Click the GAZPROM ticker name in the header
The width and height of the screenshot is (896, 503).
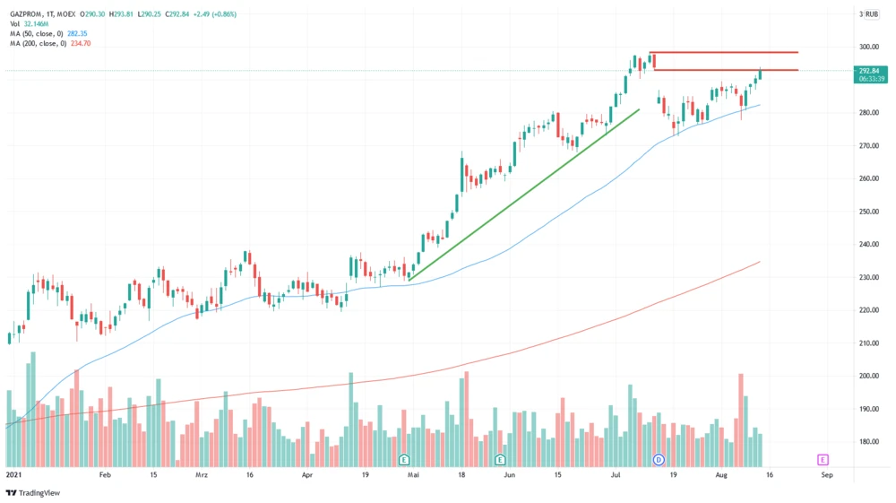pyautogui.click(x=28, y=14)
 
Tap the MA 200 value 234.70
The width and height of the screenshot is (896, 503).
pyautogui.click(x=81, y=43)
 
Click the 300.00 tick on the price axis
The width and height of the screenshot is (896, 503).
pyautogui.click(x=867, y=47)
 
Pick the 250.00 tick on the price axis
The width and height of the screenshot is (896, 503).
pyautogui.click(x=867, y=212)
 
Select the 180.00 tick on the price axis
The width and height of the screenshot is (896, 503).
pyautogui.click(x=867, y=441)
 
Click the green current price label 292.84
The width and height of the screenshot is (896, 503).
pyautogui.click(x=872, y=70)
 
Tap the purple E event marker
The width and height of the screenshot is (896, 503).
pyautogui.click(x=822, y=459)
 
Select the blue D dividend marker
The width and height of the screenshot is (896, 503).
pyautogui.click(x=659, y=459)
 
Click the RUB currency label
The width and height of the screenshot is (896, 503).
pyautogui.click(x=872, y=14)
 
